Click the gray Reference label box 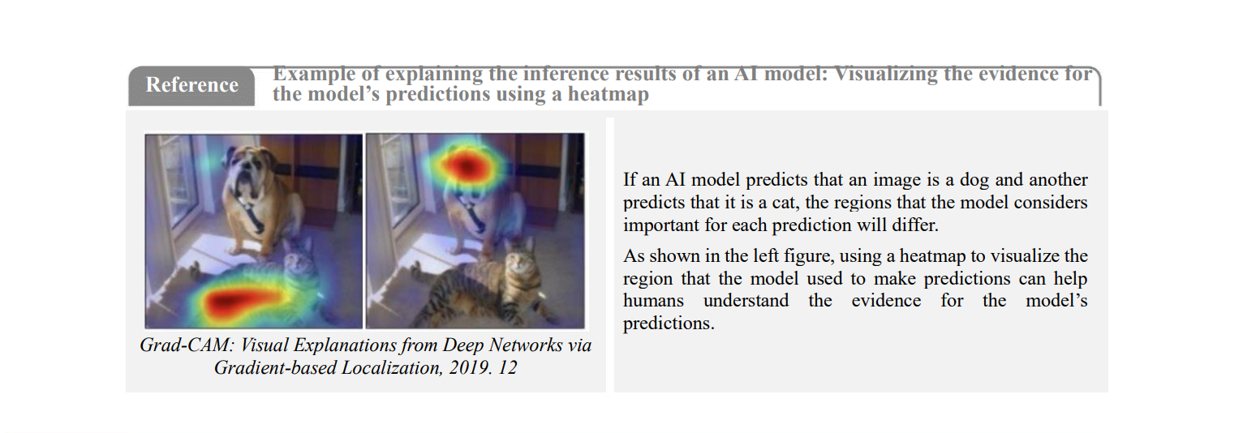tap(191, 85)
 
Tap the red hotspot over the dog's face tap(466, 165)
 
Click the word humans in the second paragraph tap(653, 301)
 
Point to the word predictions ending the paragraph tap(668, 324)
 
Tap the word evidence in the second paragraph tap(886, 301)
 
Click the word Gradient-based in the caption tap(275, 368)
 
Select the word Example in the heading tap(314, 74)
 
